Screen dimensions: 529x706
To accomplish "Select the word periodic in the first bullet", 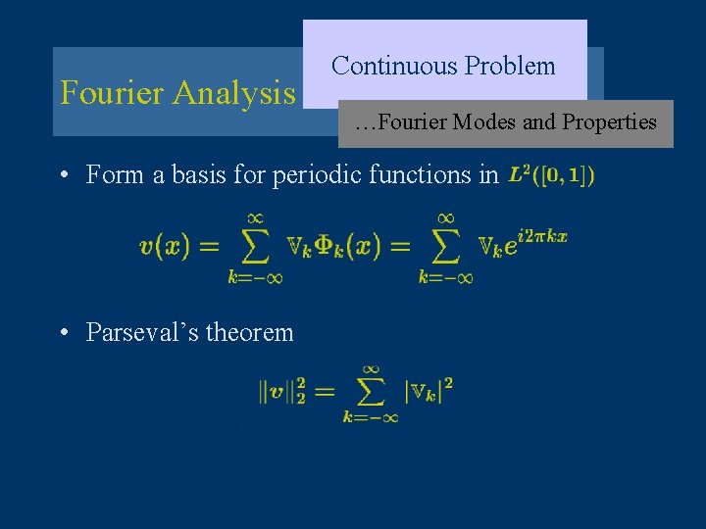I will click(x=315, y=175).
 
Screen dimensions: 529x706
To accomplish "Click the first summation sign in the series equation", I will click(x=255, y=246).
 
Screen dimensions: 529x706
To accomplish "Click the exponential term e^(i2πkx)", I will click(x=538, y=241).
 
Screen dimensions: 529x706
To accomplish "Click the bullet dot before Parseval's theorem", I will click(x=62, y=333).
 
